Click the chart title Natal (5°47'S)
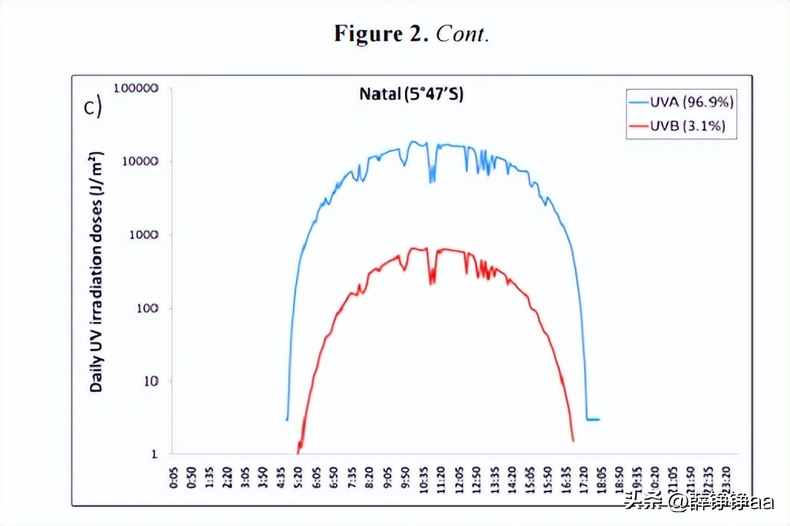pyautogui.click(x=411, y=94)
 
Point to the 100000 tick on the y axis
pyautogui.click(x=136, y=88)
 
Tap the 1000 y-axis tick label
pyautogui.click(x=143, y=235)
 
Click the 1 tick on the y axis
pyautogui.click(x=155, y=454)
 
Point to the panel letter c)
pyautogui.click(x=92, y=107)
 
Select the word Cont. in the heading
pyautogui.click(x=462, y=34)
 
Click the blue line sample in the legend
pyautogui.click(x=638, y=101)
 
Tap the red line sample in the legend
pyautogui.click(x=638, y=126)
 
